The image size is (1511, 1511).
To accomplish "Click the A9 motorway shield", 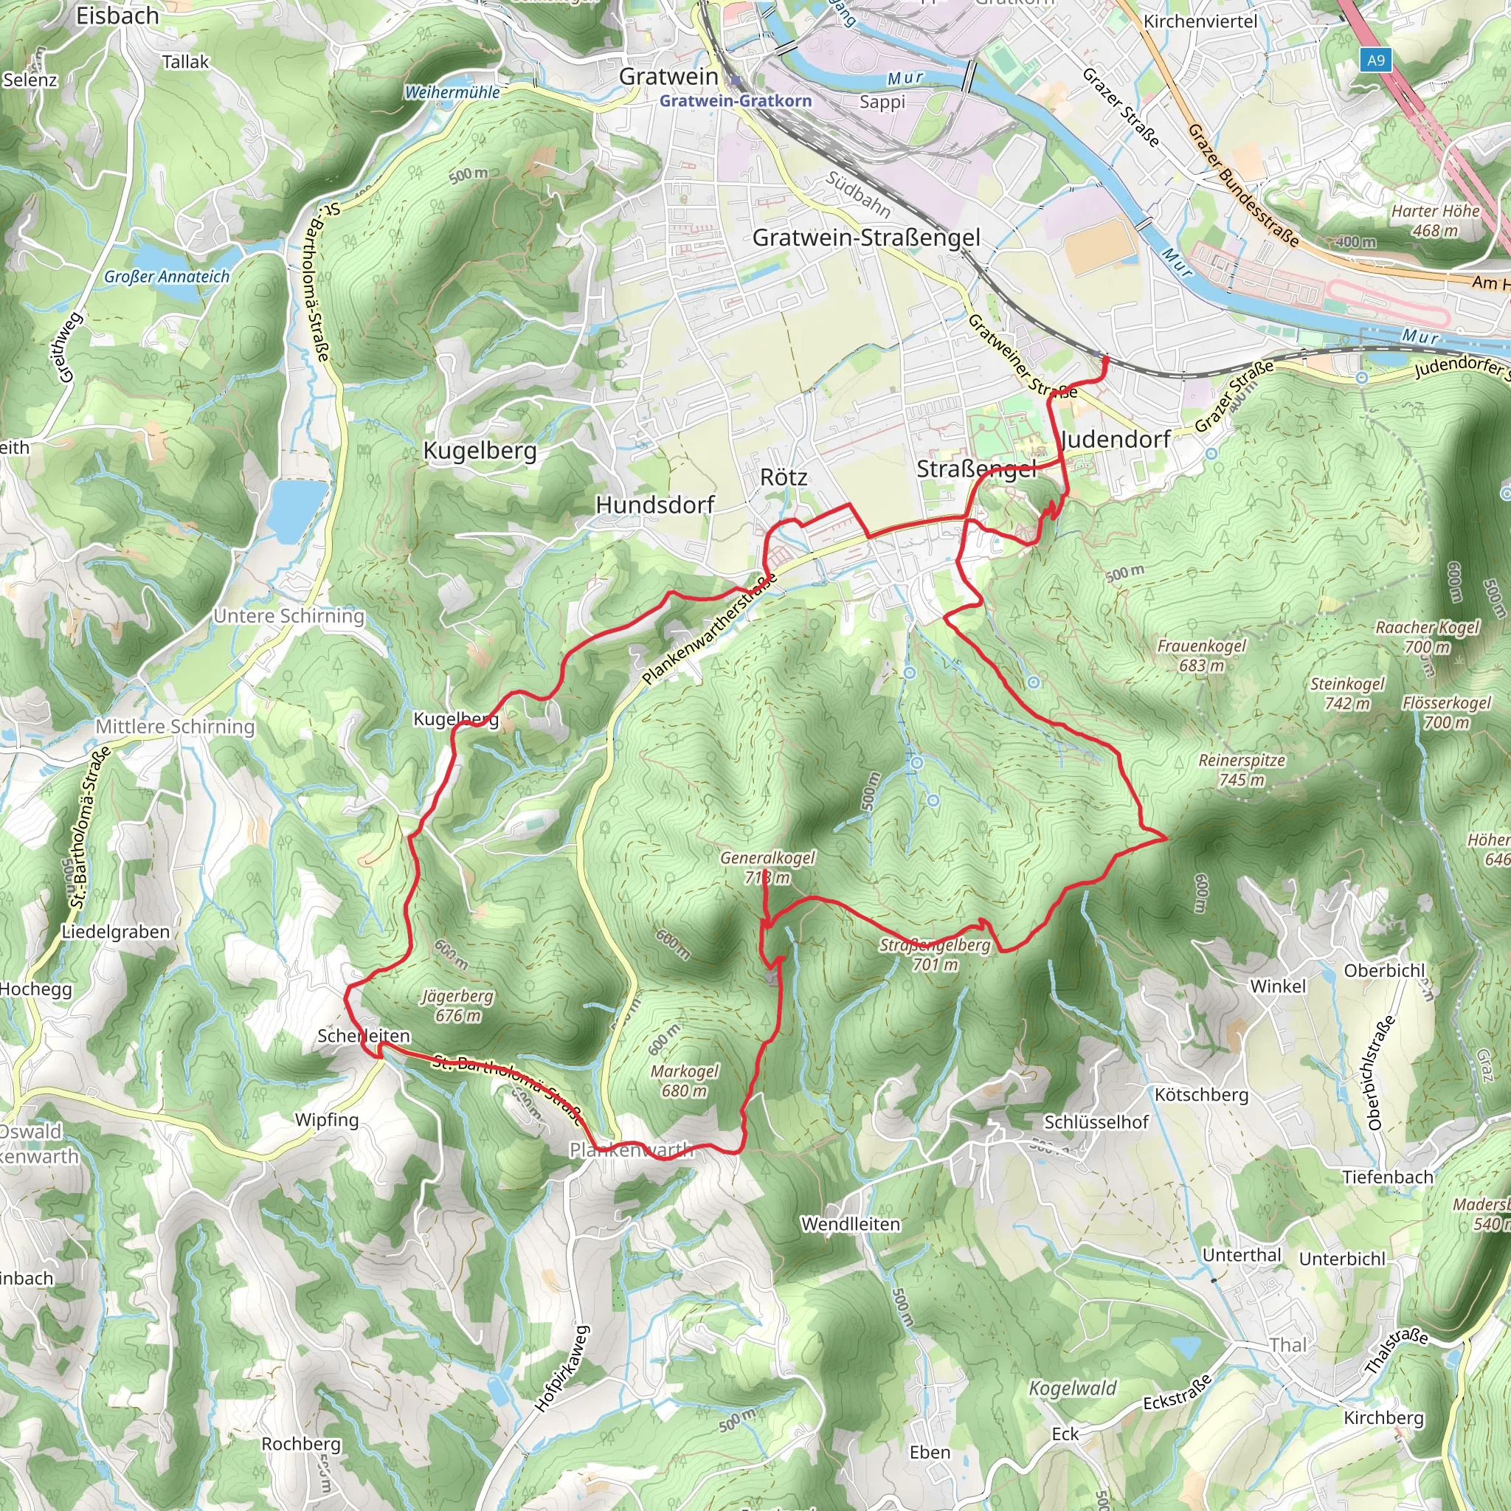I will pyautogui.click(x=1376, y=60).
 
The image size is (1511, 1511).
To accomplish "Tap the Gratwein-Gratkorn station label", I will pyautogui.click(x=735, y=101).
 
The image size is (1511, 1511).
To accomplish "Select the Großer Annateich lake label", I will pyautogui.click(x=167, y=277).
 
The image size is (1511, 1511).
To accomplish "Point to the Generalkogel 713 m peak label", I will pyautogui.click(x=767, y=868).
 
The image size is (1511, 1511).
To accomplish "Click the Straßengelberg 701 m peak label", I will pyautogui.click(x=935, y=954).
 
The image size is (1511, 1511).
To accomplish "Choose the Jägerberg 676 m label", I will pyautogui.click(x=457, y=1005).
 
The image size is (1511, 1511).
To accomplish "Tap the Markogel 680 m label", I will pyautogui.click(x=685, y=1081).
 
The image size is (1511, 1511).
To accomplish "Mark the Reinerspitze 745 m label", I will pyautogui.click(x=1242, y=770).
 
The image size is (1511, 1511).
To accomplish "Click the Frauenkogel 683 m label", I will pyautogui.click(x=1201, y=655).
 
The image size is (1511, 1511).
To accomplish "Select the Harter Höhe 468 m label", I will pyautogui.click(x=1435, y=221).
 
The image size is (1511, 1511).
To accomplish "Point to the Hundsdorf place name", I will pyautogui.click(x=654, y=505).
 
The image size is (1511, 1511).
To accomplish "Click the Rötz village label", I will pyautogui.click(x=783, y=477).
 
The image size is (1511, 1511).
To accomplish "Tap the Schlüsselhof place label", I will pyautogui.click(x=1096, y=1122).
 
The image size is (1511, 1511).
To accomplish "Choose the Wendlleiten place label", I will pyautogui.click(x=850, y=1224).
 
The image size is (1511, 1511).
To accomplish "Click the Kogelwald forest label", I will pyautogui.click(x=1072, y=1389).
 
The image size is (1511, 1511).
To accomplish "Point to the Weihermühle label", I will pyautogui.click(x=452, y=92).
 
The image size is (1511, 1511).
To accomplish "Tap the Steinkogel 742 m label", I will pyautogui.click(x=1346, y=694).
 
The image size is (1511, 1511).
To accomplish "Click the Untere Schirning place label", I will pyautogui.click(x=288, y=616).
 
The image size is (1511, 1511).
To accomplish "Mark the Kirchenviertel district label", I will pyautogui.click(x=1200, y=21).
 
